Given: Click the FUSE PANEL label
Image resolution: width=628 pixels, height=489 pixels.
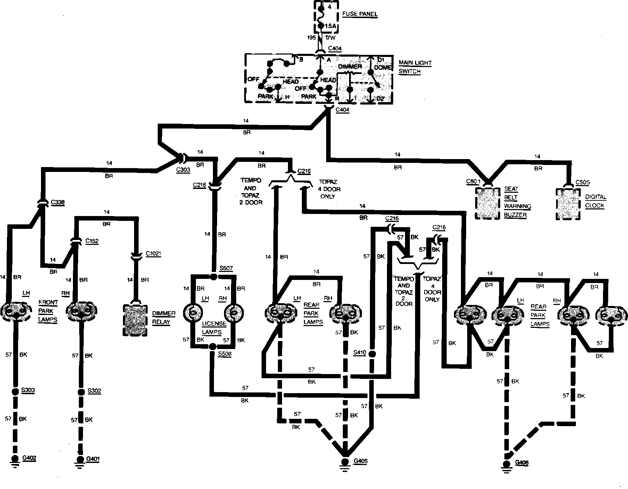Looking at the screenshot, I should (360, 14).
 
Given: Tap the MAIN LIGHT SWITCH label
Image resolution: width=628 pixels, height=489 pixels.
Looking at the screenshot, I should (415, 67).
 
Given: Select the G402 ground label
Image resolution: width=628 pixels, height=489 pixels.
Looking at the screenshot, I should (29, 458).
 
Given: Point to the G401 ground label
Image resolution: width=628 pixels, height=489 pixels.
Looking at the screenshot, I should (93, 459).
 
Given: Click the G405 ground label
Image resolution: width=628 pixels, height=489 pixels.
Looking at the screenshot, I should (360, 461).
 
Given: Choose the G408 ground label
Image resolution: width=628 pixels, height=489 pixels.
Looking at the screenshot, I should (522, 463).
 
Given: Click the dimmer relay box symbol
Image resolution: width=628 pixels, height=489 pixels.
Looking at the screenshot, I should (135, 320).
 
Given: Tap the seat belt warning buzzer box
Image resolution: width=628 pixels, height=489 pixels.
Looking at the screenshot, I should (488, 203).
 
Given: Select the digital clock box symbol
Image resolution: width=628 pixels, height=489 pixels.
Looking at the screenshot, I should (568, 204).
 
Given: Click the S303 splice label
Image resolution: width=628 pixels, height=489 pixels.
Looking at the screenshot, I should (28, 390).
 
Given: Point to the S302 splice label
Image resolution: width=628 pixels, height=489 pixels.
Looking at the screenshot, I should (94, 391).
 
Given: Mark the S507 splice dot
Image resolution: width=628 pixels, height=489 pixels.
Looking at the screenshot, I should (213, 276).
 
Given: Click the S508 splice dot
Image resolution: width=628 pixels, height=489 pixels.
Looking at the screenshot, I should (213, 347).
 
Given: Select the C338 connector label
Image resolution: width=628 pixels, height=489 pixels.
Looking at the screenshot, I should (58, 202).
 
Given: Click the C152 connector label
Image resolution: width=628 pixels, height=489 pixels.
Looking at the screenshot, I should (92, 241).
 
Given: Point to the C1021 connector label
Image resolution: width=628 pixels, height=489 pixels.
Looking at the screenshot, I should (153, 254).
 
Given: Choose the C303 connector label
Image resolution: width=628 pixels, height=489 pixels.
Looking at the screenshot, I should (183, 169).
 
